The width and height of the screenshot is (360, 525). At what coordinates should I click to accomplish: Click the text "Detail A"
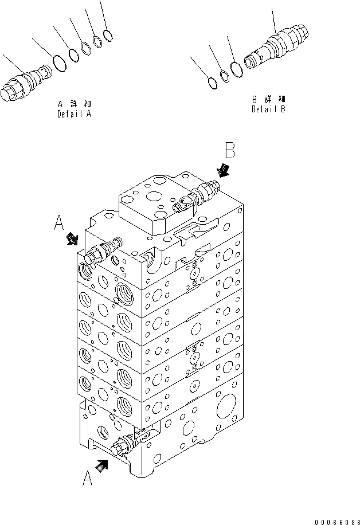tap(74, 114)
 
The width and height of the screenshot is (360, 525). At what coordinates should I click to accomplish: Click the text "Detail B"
tap(268, 109)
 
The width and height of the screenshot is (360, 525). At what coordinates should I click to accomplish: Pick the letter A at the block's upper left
tap(59, 223)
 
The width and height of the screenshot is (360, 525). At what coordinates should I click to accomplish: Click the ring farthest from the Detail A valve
tap(107, 35)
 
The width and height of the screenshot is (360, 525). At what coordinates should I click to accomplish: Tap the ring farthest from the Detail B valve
tap(212, 82)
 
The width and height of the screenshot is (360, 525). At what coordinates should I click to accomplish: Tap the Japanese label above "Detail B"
tap(268, 99)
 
